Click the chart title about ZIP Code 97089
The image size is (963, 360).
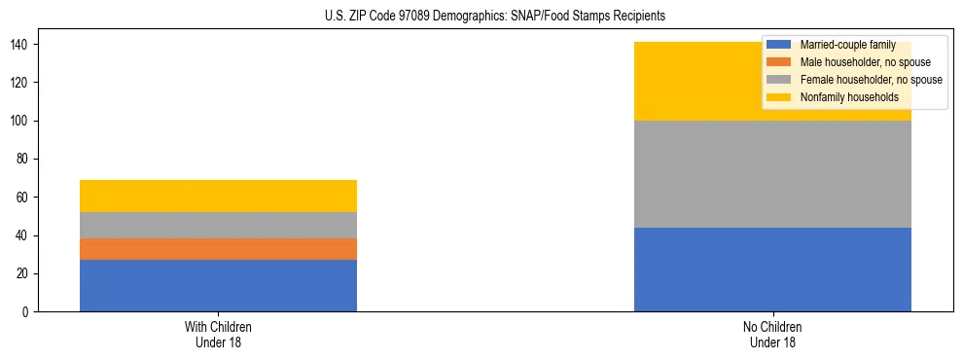click(495, 17)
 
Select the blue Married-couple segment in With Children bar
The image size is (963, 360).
click(218, 285)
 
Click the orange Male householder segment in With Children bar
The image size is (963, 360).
click(218, 249)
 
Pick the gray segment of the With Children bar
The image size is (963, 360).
click(218, 225)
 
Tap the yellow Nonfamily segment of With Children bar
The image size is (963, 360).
click(218, 196)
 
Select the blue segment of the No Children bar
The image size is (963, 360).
click(772, 270)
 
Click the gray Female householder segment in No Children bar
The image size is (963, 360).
click(772, 174)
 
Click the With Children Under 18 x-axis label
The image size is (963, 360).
click(218, 334)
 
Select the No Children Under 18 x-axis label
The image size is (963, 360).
click(772, 334)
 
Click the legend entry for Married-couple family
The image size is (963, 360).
click(845, 45)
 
